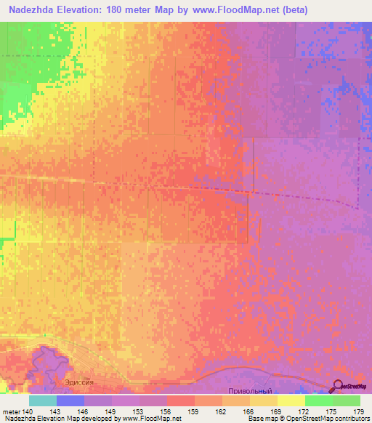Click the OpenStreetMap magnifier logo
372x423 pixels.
coord(338,387)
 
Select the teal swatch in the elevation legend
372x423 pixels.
coord(43,400)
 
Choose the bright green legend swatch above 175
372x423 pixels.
coord(318,400)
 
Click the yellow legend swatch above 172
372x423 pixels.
coord(291,400)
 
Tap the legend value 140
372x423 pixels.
coord(28,411)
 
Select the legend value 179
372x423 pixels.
coord(357,411)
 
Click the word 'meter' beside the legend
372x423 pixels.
coord(11,411)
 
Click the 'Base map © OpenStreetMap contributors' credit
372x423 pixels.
coord(308,419)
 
